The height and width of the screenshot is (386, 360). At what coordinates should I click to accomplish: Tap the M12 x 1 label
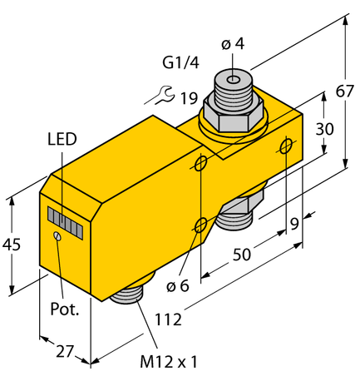click(x=170, y=362)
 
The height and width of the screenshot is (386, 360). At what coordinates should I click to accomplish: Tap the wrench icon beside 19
click(x=158, y=96)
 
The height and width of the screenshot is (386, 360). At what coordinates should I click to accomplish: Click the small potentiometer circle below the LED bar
click(x=57, y=237)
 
